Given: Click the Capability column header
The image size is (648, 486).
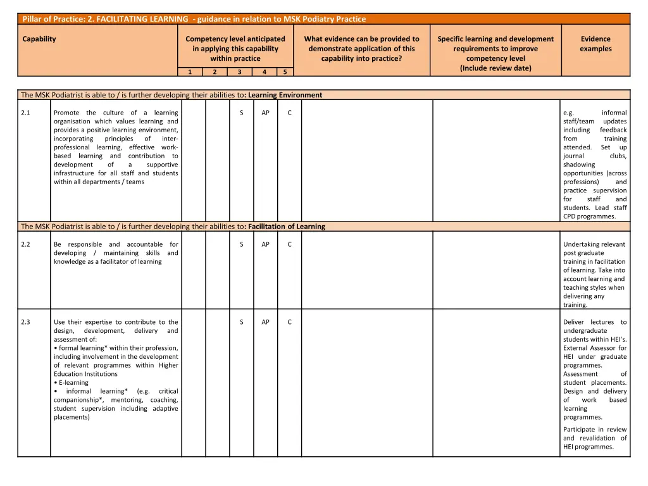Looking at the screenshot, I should pos(39,39).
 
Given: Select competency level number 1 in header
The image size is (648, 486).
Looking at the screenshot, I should pos(190,72).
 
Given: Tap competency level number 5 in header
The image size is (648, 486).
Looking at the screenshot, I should pos(285,72).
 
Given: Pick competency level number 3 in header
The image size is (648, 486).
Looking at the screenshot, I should pos(239,72).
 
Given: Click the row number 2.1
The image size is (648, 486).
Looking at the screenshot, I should pos(26,113).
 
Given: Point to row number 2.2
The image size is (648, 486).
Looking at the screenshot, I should pos(26,245).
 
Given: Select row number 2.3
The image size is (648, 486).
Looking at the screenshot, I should pos(26,322).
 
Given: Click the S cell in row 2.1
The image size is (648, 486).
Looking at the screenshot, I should pos(242,113).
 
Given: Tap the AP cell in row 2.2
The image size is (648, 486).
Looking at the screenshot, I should pos(265,245).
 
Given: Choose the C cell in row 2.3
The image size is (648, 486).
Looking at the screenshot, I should pos(289,322).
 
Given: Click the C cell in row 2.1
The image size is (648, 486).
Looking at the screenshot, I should pos(289,113).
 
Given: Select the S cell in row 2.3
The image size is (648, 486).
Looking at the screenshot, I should pos(242,322).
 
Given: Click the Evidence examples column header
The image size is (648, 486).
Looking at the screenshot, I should pos(595,44).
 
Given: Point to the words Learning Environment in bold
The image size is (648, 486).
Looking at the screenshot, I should pos(285,96).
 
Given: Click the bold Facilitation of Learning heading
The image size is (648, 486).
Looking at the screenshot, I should pos(287,227).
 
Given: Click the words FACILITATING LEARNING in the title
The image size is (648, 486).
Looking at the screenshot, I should pos(142,19).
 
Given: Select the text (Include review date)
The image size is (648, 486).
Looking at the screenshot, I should pos(495,68).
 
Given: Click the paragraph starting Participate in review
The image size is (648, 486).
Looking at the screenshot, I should pos(595,438).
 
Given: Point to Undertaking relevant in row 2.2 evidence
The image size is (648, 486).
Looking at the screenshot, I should pos(594,245).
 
